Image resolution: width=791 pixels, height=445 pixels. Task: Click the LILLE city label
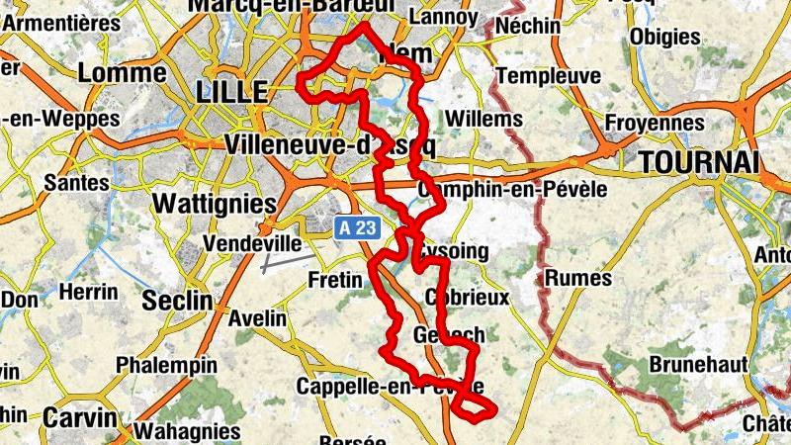233,92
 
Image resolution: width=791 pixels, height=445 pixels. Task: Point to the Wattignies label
215,203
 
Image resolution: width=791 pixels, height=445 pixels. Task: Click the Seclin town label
177,300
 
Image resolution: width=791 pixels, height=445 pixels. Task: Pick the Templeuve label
548,76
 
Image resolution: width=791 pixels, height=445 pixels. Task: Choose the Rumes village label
578,278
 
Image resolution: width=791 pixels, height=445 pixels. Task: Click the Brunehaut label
698,364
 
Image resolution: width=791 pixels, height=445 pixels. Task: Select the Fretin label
336,280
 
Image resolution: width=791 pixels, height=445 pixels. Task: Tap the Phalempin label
166,365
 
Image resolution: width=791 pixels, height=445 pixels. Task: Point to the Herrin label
88,292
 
